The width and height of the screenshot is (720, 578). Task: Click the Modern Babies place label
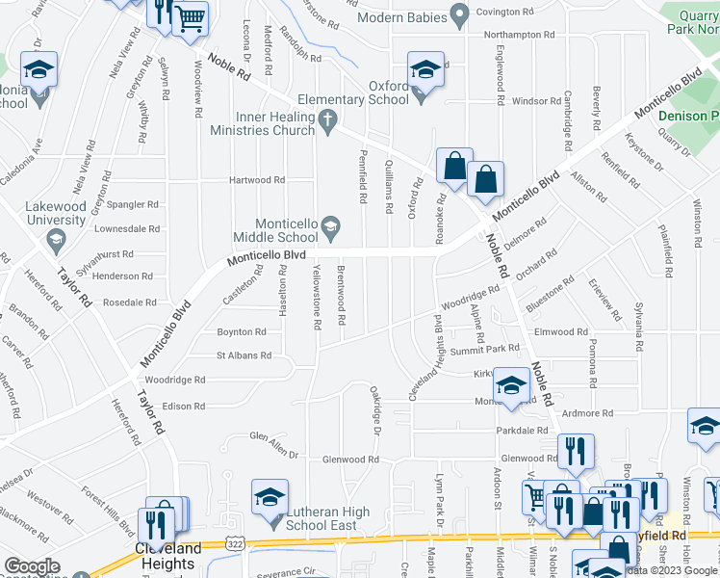click(401, 17)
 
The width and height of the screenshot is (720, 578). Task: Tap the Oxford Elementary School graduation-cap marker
click(424, 70)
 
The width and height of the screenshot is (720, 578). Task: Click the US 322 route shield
click(235, 544)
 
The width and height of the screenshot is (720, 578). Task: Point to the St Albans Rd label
click(244, 355)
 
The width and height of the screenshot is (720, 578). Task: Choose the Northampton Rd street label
click(520, 34)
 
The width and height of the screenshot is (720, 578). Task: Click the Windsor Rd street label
click(536, 101)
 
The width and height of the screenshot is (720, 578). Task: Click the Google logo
click(33, 566)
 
